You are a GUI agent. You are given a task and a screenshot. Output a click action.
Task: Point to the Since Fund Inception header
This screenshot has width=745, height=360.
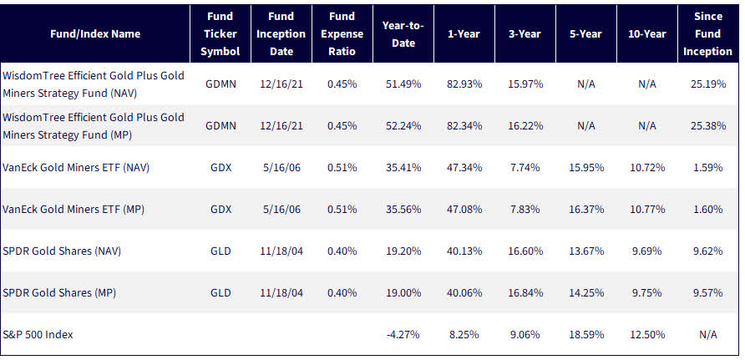[x=707, y=34]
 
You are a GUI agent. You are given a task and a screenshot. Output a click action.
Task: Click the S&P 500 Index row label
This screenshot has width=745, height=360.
[x=38, y=334]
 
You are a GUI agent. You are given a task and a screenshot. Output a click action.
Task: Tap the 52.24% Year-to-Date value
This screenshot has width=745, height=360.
[x=403, y=126]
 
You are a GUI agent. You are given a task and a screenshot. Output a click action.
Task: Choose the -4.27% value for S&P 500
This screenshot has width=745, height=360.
[x=403, y=334]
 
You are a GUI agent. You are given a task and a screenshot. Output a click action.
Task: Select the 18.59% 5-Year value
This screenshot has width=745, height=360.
[x=585, y=334]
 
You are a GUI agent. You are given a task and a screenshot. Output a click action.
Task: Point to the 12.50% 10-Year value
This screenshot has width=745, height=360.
[x=646, y=334]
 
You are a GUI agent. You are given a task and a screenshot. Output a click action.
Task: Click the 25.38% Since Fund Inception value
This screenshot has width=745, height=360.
[x=707, y=126]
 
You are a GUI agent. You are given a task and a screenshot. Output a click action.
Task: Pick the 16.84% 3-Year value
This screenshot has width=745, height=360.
[x=526, y=292]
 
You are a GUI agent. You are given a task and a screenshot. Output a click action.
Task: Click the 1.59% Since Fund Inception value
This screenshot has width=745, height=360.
[x=707, y=167]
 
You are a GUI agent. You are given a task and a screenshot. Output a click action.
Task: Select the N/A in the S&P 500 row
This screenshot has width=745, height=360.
[x=707, y=334]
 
